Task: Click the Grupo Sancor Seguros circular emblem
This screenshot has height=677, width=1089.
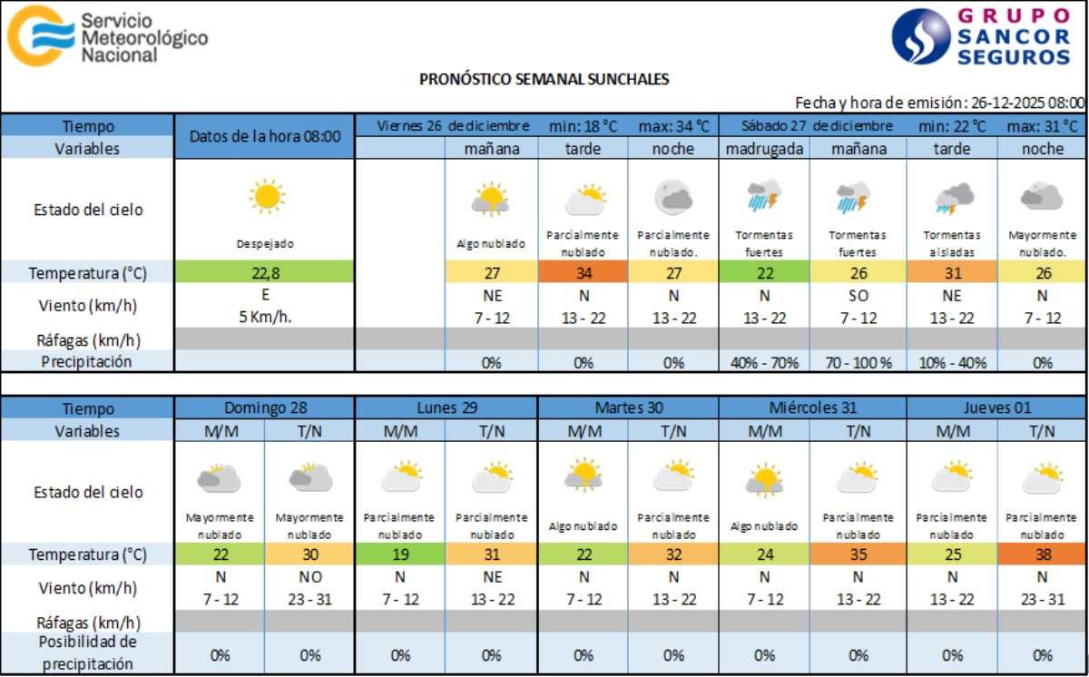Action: point(920,36)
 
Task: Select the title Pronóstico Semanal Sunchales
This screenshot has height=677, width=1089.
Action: point(544,79)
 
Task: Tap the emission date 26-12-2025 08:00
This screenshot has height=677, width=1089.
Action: point(1026,103)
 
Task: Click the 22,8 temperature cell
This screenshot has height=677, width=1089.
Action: point(265,271)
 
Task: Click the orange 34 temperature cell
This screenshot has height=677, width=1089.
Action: point(583,271)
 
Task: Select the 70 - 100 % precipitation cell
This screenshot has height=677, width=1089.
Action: point(859,362)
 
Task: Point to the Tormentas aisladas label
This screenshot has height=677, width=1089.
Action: point(951,243)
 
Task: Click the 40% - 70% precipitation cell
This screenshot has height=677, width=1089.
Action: point(764,362)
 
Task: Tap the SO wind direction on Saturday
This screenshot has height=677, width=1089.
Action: point(859,295)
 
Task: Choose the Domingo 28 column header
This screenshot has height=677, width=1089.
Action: point(265,408)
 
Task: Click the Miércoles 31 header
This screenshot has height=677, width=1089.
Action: point(812,408)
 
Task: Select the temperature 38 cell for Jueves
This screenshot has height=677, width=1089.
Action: point(1042,554)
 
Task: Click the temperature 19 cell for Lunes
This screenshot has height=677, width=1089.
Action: point(400,554)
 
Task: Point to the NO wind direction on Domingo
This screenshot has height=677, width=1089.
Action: point(310,577)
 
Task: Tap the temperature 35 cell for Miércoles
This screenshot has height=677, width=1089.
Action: point(858,554)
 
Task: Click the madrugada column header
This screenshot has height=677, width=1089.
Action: point(764,149)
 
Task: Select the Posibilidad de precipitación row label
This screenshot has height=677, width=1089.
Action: point(87,652)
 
